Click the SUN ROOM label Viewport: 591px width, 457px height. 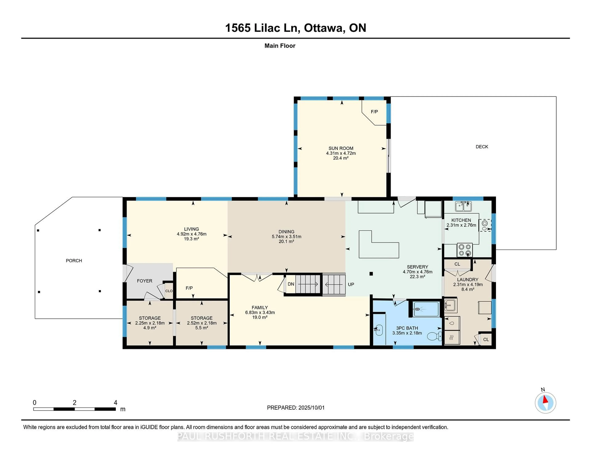click(x=341, y=148)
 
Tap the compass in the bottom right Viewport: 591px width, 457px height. click(x=545, y=403)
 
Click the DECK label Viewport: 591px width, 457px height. click(x=482, y=147)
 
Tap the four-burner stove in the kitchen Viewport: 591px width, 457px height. click(x=465, y=250)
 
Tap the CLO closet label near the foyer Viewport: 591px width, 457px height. click(x=169, y=291)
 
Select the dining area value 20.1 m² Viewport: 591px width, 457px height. click(x=286, y=241)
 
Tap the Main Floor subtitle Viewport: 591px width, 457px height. click(x=280, y=46)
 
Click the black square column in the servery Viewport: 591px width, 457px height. click(x=371, y=274)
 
